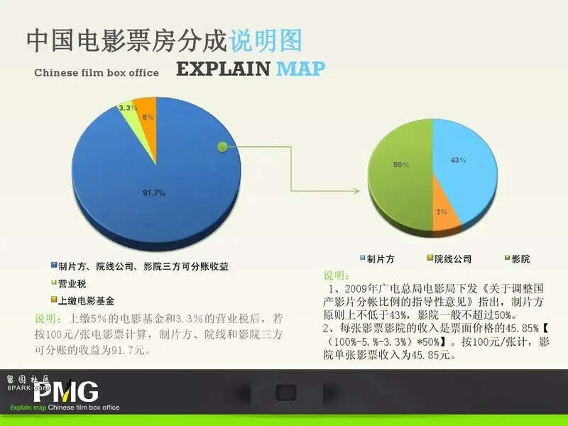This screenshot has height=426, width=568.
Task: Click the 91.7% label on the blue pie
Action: click(153, 193)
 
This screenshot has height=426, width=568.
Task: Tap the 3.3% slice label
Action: click(128, 108)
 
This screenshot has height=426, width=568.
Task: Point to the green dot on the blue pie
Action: click(222, 147)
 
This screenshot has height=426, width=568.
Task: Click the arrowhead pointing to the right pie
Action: click(356, 191)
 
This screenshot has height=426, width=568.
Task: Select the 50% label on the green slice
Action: click(401, 165)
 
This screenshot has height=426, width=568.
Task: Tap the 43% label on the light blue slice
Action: click(458, 160)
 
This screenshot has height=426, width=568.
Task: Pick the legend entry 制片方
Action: click(377, 258)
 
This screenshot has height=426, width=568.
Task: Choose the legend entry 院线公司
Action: click(449, 258)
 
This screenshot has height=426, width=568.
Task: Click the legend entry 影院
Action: click(518, 258)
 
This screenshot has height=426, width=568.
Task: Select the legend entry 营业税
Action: click(69, 283)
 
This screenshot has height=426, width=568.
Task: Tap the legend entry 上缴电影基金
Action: click(82, 300)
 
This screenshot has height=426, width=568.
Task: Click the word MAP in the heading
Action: click(300, 69)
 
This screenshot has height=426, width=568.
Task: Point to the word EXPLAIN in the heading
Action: click(223, 69)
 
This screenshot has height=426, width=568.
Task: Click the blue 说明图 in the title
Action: click(266, 40)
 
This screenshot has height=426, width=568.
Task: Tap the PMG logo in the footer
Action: click(66, 391)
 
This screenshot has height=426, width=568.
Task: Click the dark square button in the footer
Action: click(286, 393)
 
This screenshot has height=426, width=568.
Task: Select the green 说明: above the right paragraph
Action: click(336, 275)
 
